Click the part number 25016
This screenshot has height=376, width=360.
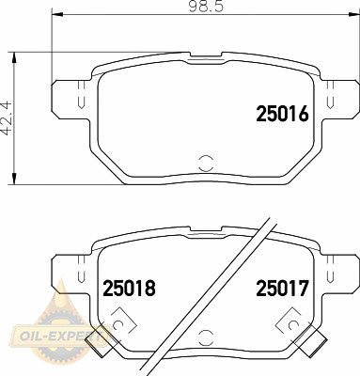coord(283,114)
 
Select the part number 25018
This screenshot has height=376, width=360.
coord(129,289)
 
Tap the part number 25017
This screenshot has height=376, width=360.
coord(283,289)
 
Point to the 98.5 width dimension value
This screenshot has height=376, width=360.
coord(206,7)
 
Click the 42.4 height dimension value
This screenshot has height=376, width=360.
coord(7,118)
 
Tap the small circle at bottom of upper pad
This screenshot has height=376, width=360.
coord(206,163)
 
